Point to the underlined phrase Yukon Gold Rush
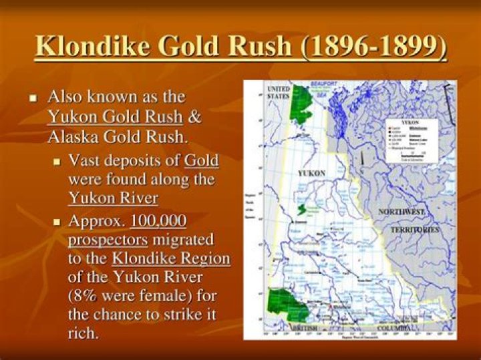click(115, 117)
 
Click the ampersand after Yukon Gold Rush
click(194, 117)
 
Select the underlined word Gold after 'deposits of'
click(201, 161)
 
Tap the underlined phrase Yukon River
click(113, 198)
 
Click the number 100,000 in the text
click(158, 220)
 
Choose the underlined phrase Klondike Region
click(170, 258)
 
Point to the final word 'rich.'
click(83, 333)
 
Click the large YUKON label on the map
click(311, 174)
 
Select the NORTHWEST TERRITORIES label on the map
click(410, 220)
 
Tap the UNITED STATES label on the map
click(278, 92)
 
